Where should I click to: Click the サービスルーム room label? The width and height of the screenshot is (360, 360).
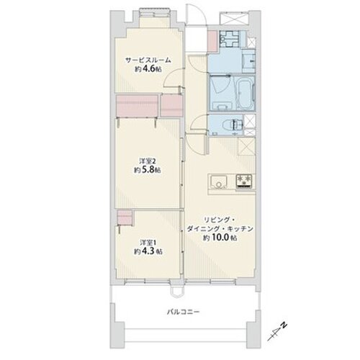148,60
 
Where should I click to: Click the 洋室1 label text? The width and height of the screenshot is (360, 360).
147,242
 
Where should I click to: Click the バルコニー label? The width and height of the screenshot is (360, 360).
184,312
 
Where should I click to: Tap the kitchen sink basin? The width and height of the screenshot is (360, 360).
217,181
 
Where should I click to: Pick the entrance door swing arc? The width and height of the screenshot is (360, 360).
194,14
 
